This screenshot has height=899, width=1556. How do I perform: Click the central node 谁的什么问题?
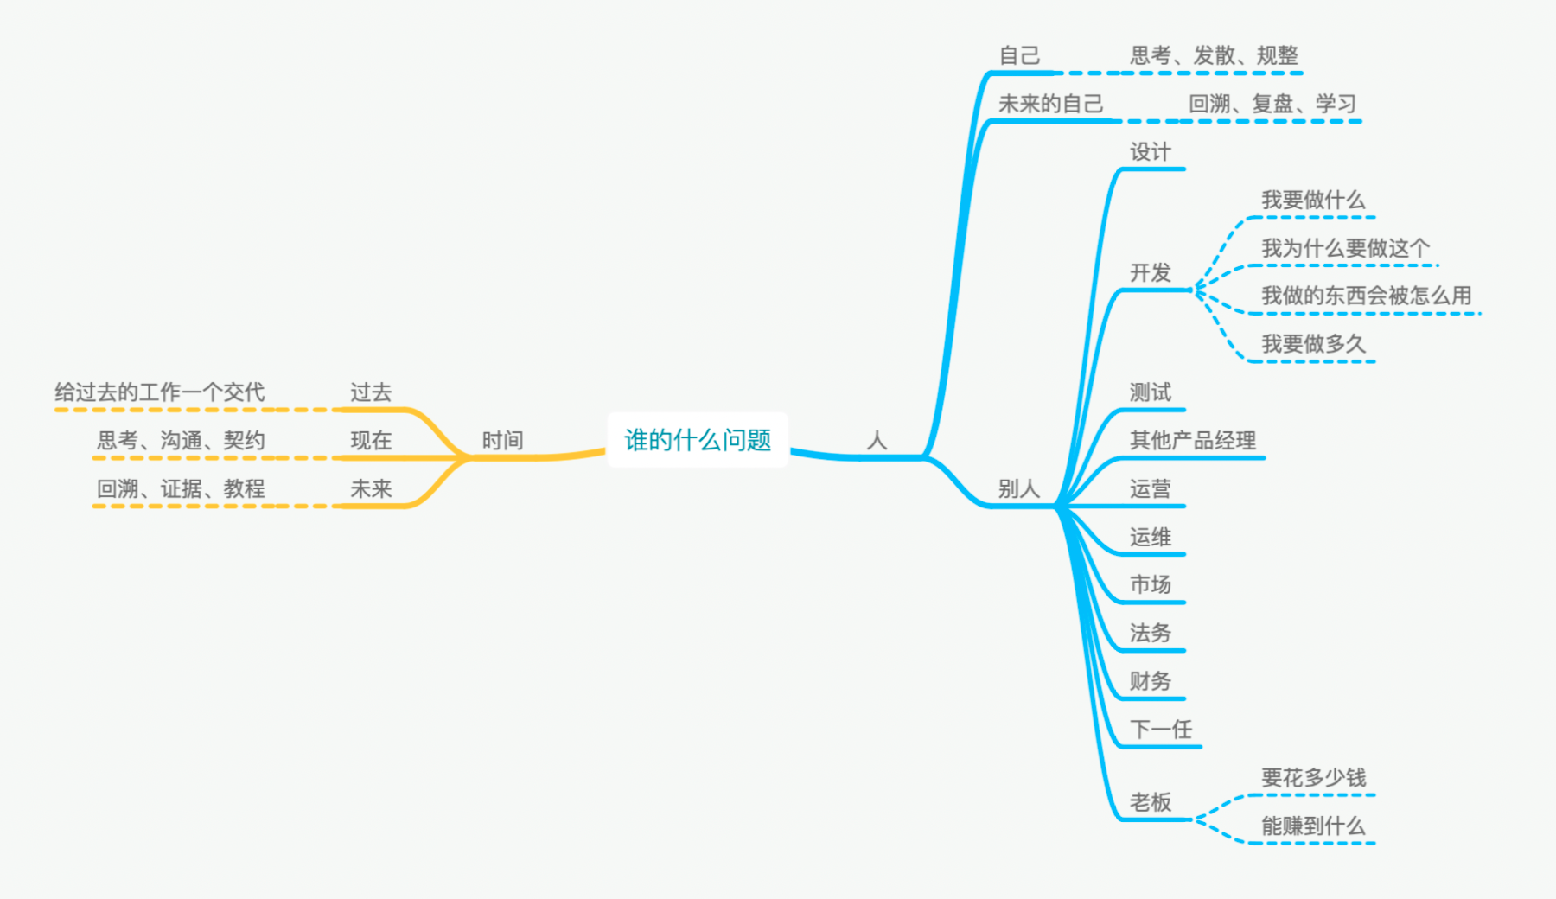698,440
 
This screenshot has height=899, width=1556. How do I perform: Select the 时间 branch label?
502,441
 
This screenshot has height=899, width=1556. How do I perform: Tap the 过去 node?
371,392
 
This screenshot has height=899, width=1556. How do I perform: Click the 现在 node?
371,441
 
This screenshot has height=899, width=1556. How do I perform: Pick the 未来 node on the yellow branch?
371,489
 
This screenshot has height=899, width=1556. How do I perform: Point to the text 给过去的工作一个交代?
160,392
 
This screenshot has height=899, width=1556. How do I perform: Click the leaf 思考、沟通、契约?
181,441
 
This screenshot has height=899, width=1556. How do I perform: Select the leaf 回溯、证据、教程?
181,489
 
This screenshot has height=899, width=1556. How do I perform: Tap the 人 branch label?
877,441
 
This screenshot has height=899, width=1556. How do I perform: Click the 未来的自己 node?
1050,104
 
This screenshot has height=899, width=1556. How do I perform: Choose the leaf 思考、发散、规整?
1214,55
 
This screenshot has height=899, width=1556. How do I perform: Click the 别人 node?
1018,489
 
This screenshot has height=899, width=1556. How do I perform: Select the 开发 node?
1150,273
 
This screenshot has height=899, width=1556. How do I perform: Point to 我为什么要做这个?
1345,249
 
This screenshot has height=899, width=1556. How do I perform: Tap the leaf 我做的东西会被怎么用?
1366,296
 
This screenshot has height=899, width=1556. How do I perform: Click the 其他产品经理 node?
1193,441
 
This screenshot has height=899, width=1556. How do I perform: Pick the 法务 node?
1150,633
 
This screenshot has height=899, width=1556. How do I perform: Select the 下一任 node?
1161,730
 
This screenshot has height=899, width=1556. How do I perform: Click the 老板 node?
1150,802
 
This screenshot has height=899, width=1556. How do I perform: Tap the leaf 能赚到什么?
1313,826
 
